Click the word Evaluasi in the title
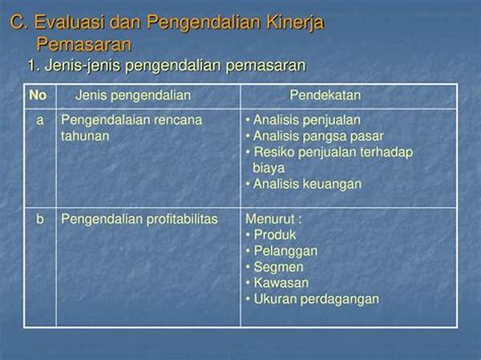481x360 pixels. (x=69, y=22)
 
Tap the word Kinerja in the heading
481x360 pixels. (x=294, y=23)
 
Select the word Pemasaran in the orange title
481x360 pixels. (x=83, y=44)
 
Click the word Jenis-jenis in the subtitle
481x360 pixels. (x=83, y=66)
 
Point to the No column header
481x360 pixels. (x=38, y=95)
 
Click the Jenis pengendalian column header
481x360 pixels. (x=133, y=95)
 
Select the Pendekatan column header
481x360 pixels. (x=325, y=95)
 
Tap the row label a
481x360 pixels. (x=40, y=120)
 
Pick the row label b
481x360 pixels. (x=40, y=219)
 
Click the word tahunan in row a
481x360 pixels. (x=85, y=136)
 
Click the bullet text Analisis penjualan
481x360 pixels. (x=306, y=120)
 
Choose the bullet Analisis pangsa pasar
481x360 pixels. (x=318, y=136)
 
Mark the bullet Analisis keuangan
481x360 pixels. (x=307, y=184)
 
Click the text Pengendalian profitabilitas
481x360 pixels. (x=139, y=219)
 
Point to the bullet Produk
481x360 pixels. (x=275, y=235)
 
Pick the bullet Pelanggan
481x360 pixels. (x=285, y=251)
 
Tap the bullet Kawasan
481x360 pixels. (x=281, y=283)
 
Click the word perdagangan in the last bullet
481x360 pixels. (x=340, y=300)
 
